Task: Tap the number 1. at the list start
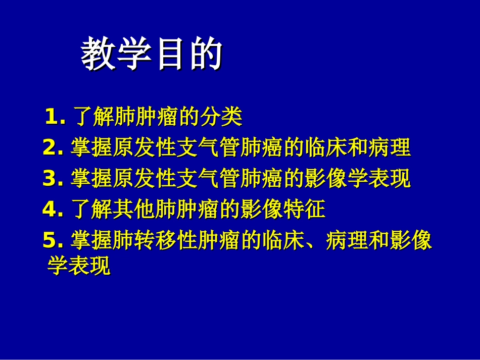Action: (x=55, y=117)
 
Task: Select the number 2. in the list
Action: (x=53, y=148)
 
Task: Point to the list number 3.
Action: (x=53, y=179)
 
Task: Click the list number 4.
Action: (x=53, y=210)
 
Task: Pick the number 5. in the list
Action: (x=53, y=241)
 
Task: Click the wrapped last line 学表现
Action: (x=78, y=266)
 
